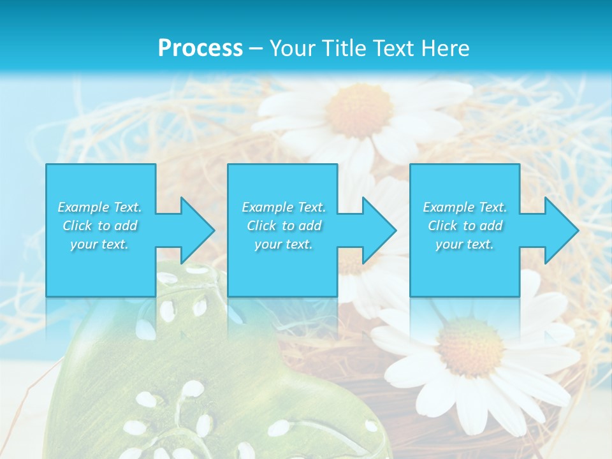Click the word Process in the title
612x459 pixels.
click(200, 48)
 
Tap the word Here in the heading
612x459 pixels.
click(444, 48)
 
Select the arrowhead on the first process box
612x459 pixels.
click(198, 231)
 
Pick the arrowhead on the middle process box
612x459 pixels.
click(379, 231)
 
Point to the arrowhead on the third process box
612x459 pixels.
click(562, 231)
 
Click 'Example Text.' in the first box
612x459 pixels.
click(100, 207)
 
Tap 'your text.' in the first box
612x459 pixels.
click(100, 244)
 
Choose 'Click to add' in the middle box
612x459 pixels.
click(284, 226)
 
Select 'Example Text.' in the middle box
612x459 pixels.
click(284, 207)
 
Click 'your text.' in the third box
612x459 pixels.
click(465, 244)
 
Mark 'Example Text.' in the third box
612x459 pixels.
click(465, 207)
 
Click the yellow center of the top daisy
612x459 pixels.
click(358, 110)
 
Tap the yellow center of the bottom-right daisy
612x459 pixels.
click(470, 347)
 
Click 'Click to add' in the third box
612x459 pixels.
click(465, 226)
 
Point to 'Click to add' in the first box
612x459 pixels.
click(100, 226)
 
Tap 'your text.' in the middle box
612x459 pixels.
click(284, 244)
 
